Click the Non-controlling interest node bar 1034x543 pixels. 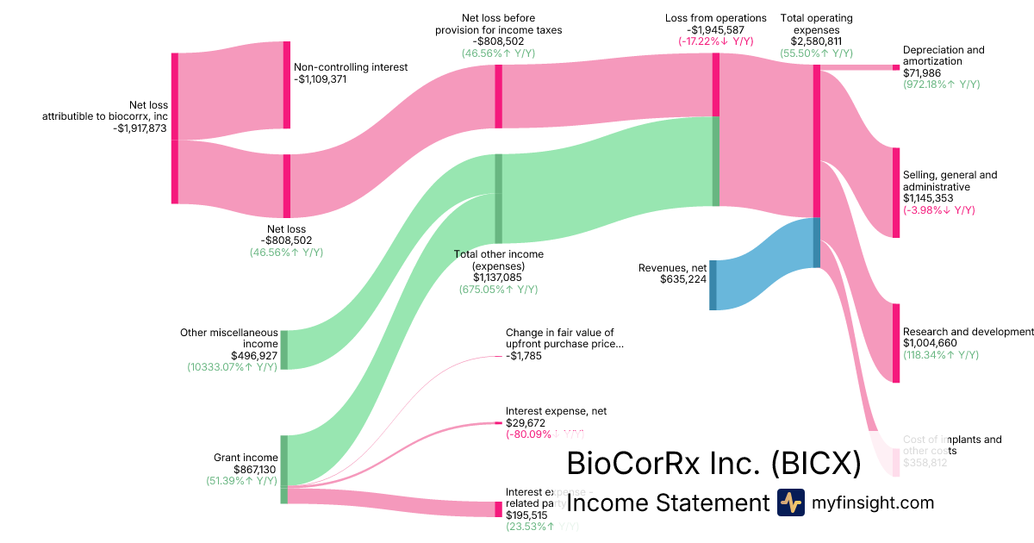287,84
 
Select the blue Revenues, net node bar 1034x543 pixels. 713,284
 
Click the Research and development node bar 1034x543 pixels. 896,342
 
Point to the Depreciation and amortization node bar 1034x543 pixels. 896,66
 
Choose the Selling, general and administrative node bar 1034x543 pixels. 896,192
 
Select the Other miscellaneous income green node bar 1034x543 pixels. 283,349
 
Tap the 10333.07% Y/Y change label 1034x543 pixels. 232,366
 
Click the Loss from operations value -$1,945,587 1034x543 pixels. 715,29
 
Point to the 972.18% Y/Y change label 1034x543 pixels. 941,84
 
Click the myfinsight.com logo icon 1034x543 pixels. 790,502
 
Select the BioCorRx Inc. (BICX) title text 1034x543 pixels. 713,464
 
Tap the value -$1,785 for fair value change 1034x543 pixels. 524,356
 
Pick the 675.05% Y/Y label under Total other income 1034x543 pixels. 498,290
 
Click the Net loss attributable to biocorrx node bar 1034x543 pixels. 175,128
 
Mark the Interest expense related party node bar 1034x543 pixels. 498,509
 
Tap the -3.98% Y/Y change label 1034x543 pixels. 938,209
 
